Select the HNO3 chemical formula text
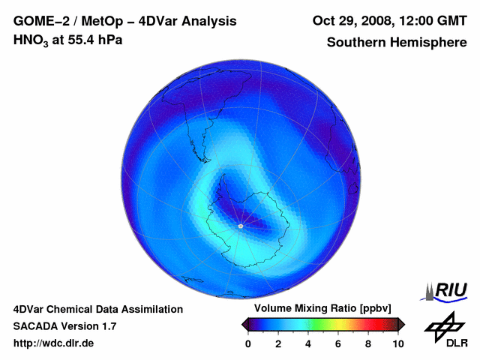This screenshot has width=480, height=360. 31,40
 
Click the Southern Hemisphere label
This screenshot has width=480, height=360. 396,42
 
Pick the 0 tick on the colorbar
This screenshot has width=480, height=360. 248,343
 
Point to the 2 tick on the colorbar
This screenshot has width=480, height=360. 278,343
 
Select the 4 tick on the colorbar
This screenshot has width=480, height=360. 308,343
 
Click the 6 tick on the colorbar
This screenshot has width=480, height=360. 338,343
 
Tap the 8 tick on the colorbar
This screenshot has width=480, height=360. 368,343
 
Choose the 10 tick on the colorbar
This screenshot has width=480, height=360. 397,343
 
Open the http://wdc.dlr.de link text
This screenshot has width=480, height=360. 54,343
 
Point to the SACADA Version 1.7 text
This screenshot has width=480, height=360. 65,326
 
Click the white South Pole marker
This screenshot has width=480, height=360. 240,226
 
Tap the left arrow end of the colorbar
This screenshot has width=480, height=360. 244,324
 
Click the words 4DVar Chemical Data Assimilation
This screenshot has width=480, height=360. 98,309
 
